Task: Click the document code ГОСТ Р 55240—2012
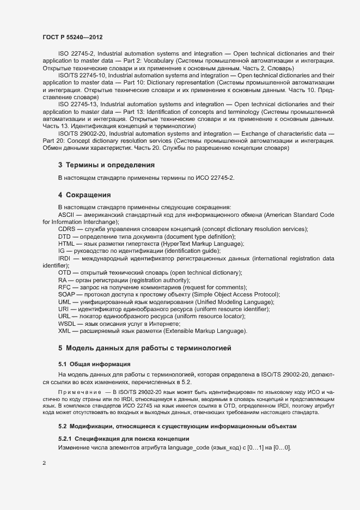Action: pyautogui.click(x=72, y=37)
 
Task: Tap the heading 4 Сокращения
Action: pyautogui.click(x=84, y=195)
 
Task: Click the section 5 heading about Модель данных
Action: pyautogui.click(x=145, y=347)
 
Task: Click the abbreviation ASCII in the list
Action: pyautogui.click(x=66, y=215)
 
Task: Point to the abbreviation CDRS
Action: pyautogui.click(x=67, y=229)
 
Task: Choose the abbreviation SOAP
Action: pyautogui.click(x=67, y=294)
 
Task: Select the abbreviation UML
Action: pyautogui.click(x=65, y=301)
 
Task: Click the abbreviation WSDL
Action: pyautogui.click(x=68, y=323)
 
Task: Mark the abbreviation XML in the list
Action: pyautogui.click(x=65, y=331)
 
